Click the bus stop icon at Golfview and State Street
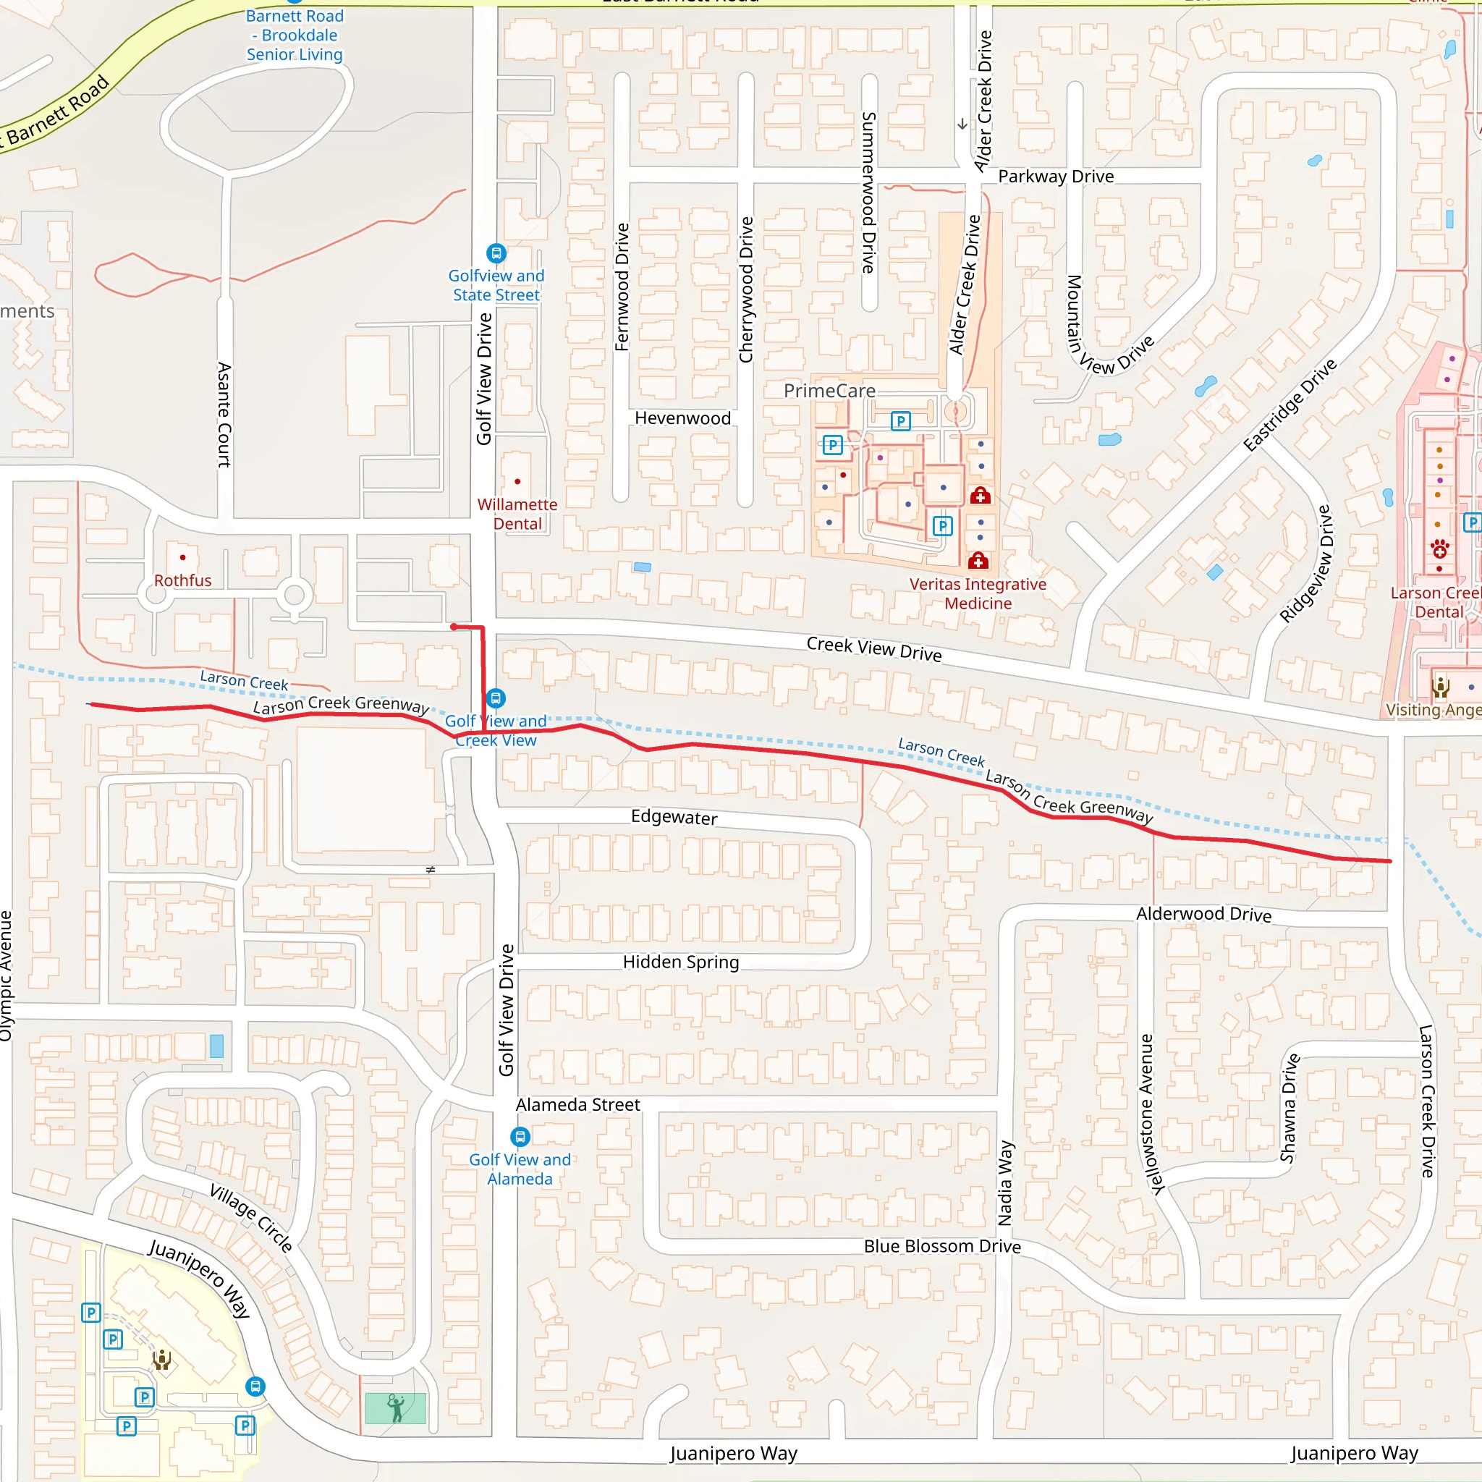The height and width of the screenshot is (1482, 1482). point(496,253)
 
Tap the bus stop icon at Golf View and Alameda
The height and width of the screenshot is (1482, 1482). point(520,1136)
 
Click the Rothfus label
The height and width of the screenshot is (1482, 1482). point(182,580)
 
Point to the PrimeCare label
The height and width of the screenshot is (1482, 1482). point(829,391)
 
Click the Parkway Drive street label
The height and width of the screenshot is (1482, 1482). point(1056,177)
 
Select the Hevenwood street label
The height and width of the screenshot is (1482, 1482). point(682,418)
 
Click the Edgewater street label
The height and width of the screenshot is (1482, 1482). point(674,817)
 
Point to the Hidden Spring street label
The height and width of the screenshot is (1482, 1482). point(680,962)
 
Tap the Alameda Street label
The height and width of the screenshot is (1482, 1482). point(577,1104)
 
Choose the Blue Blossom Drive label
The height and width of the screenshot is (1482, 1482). point(942,1247)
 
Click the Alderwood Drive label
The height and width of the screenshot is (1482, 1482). point(1203,914)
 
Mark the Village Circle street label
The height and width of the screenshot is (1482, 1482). point(251,1218)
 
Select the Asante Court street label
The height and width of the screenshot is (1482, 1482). point(224,414)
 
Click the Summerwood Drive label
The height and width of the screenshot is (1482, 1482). point(868,192)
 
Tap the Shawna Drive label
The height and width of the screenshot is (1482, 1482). point(1290,1108)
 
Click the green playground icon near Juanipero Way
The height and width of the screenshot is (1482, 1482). point(396,1408)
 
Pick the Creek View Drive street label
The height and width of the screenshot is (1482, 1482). point(873,649)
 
